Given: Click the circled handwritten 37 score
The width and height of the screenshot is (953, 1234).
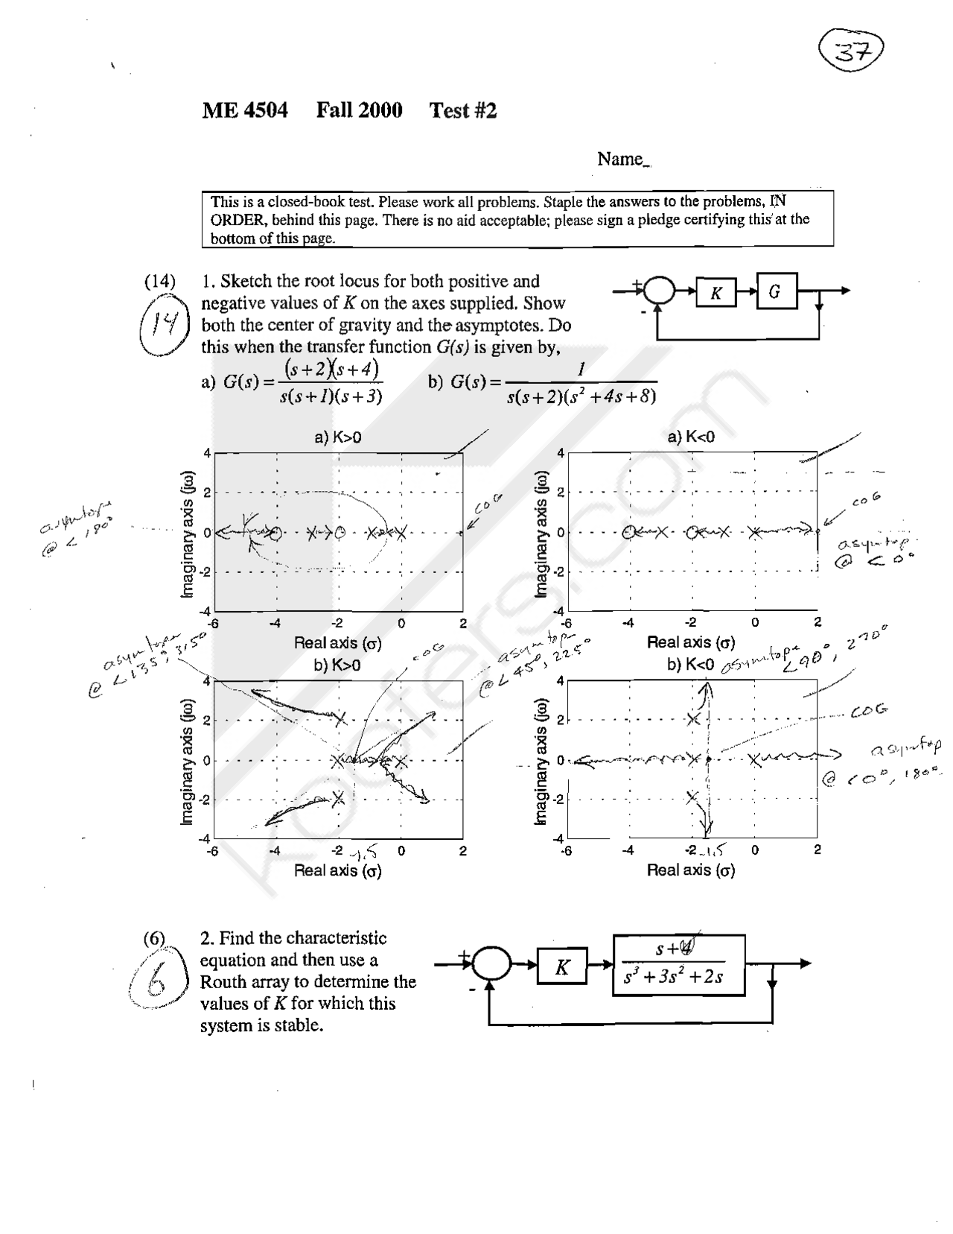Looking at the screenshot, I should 851,51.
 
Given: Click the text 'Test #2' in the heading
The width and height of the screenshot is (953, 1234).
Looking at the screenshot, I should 462,111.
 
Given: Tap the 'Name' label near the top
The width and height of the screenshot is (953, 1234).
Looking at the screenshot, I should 620,159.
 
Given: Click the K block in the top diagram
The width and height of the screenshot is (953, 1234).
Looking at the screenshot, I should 715,293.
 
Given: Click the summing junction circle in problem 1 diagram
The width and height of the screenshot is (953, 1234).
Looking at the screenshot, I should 658,291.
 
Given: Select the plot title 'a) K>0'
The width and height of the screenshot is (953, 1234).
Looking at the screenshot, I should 338,437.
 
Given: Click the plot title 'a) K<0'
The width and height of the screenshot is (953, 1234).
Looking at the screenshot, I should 691,437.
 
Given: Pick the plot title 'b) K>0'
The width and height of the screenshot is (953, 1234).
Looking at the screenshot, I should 337,665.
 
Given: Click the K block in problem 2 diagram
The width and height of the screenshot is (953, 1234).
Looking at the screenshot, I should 562,967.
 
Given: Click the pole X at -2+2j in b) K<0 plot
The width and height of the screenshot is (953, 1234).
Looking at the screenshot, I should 694,719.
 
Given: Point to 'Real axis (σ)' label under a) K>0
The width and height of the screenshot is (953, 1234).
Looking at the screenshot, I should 338,643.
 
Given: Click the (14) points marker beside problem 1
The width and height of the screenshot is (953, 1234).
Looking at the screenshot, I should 159,282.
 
